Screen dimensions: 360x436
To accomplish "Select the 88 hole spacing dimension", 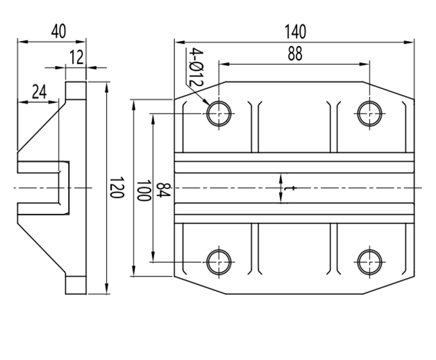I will click(295, 55).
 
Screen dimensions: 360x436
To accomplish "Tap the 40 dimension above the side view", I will click(58, 31).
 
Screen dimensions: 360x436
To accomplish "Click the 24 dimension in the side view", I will click(38, 92).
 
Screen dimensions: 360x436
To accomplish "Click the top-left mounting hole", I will click(219, 113).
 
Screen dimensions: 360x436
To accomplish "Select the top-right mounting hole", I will click(369, 113).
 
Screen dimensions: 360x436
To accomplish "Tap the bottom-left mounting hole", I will click(219, 263).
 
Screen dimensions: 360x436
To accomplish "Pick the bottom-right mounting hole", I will click(369, 263).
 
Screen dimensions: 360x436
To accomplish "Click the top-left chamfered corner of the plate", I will click(200, 90).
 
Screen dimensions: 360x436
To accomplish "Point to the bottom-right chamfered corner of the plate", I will click(389, 284).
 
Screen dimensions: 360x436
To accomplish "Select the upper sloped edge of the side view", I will click(41, 124).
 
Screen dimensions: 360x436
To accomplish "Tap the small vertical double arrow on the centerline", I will click(280, 188).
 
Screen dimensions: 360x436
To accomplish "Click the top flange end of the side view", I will click(76, 90).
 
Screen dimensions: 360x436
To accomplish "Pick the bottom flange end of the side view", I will click(76, 285).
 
